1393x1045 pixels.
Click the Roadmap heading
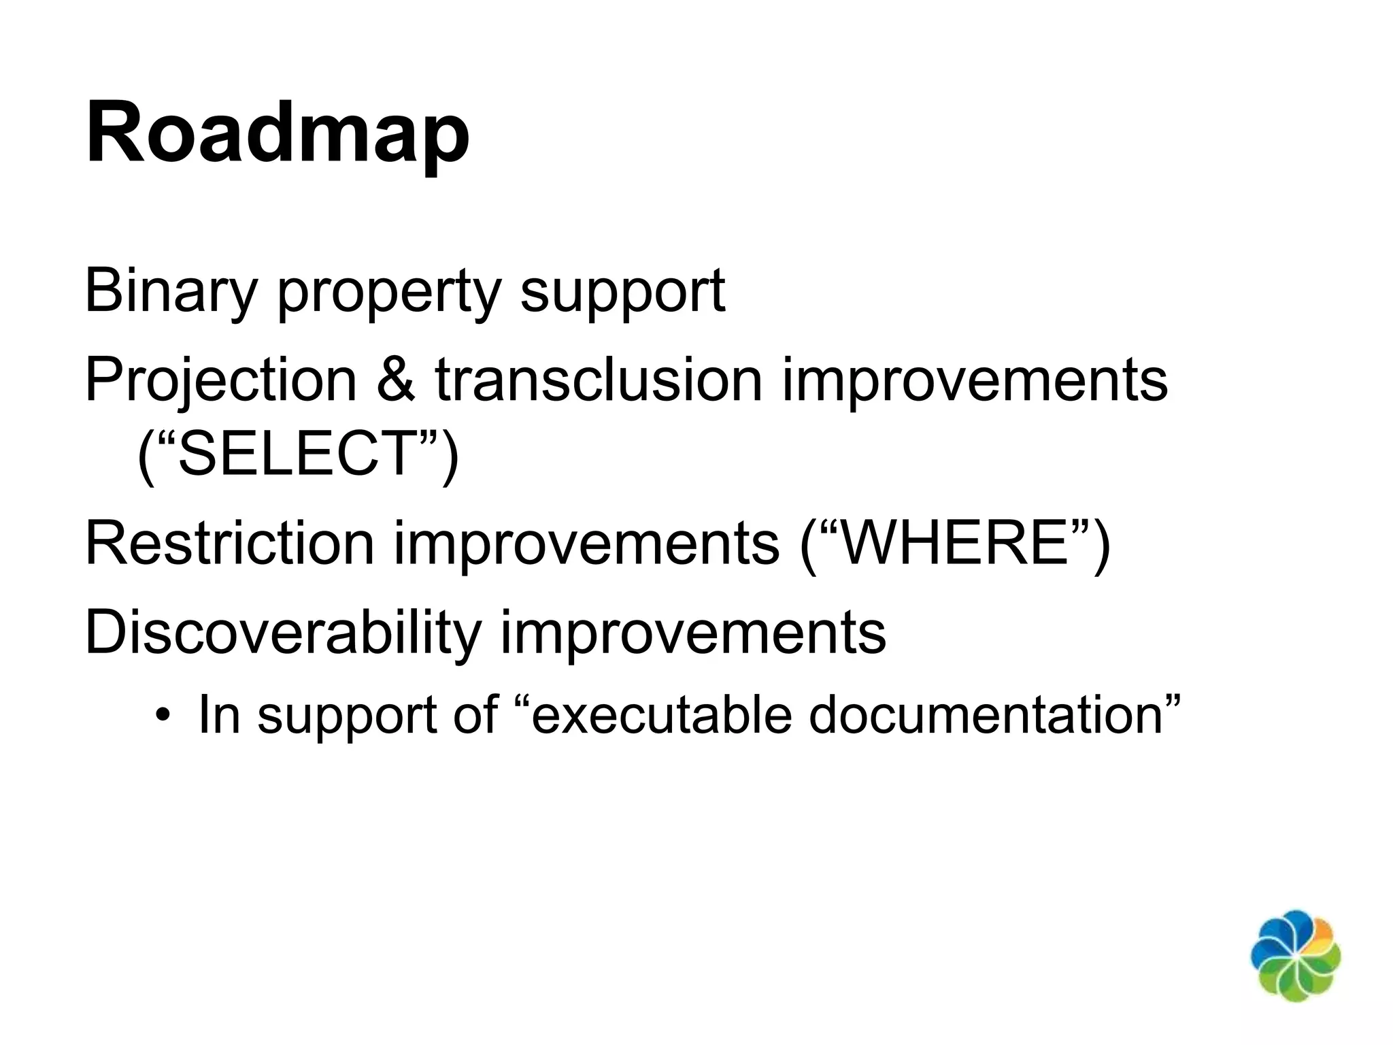point(278,133)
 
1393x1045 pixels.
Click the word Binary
point(170,291)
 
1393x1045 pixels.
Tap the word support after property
point(622,294)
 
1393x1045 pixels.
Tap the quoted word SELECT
point(298,454)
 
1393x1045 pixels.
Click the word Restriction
point(229,543)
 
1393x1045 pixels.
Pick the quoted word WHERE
point(956,543)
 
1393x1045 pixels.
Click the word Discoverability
point(283,633)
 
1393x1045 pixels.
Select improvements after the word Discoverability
point(693,634)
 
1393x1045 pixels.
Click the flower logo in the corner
point(1295,955)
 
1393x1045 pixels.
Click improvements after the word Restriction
point(586,544)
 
